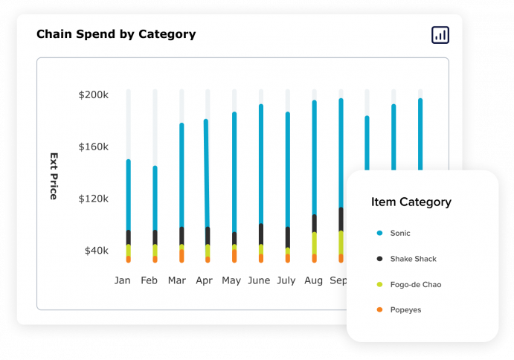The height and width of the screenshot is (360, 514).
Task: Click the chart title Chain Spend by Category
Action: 116,34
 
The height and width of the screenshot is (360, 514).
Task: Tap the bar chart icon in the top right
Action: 440,34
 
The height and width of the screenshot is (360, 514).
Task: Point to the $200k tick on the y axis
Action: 94,95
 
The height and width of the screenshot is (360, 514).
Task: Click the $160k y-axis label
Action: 94,147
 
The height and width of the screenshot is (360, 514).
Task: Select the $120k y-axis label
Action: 94,199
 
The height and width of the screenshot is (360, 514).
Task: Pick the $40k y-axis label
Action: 96,251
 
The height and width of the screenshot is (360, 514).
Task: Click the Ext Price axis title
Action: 54,176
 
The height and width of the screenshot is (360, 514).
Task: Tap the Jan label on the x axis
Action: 122,281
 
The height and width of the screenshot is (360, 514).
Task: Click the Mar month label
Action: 177,281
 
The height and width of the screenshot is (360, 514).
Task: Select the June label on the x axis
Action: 259,281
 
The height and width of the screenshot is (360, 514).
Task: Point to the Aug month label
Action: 313,281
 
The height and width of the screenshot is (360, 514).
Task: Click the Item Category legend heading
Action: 411,202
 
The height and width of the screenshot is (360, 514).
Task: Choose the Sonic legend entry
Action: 400,234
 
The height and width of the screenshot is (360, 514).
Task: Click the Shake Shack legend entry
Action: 413,259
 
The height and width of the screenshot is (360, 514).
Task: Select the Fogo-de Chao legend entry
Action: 415,285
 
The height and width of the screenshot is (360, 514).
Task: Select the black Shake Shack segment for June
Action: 261,234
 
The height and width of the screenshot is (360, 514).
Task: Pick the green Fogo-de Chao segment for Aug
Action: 315,243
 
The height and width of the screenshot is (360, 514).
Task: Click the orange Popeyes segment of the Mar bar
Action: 181,255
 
